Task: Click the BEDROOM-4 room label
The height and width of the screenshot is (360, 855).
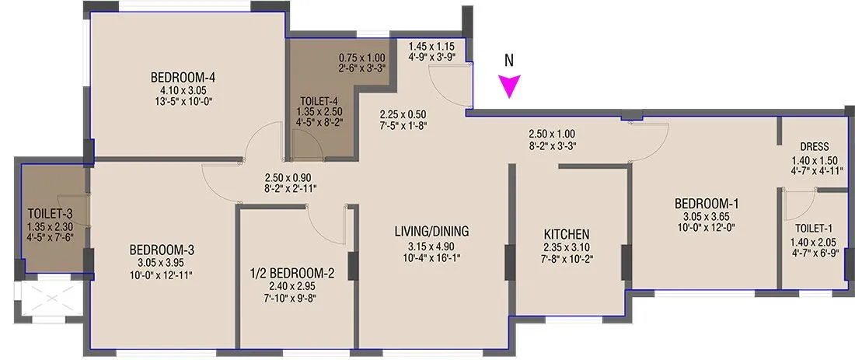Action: (183, 78)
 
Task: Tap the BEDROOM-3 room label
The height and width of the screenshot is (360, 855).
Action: (162, 250)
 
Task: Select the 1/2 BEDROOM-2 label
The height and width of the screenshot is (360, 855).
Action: (293, 273)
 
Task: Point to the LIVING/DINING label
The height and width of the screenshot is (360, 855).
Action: (431, 231)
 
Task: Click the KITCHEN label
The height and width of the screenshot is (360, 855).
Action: (567, 234)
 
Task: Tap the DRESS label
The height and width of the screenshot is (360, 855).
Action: (814, 146)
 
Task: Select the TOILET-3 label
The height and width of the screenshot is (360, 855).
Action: (51, 213)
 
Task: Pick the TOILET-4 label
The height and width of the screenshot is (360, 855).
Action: (319, 101)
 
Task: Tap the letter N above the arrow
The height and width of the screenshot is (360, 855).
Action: (509, 59)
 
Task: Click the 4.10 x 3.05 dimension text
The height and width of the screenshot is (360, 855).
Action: (183, 90)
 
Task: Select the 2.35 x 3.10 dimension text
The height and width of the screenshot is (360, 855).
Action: (567, 247)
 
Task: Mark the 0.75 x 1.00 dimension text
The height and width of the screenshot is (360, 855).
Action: (361, 58)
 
